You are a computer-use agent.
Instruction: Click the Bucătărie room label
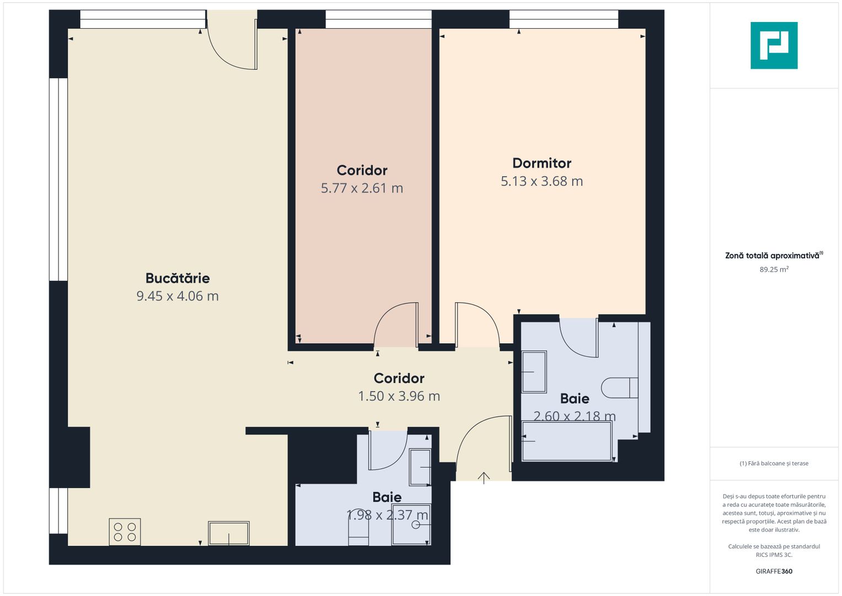[x=178, y=279]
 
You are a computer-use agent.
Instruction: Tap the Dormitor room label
[x=541, y=163]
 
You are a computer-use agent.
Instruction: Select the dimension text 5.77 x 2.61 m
[x=362, y=188]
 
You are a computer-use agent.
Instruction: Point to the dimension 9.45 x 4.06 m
[x=178, y=296]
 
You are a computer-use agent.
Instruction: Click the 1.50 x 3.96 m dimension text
[x=399, y=396]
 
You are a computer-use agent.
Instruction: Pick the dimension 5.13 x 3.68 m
[x=541, y=182]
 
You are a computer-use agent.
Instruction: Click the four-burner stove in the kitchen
[x=125, y=531]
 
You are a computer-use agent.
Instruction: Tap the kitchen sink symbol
[x=228, y=533]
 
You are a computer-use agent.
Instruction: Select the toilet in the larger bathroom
[x=619, y=388]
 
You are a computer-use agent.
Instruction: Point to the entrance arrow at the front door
[x=484, y=478]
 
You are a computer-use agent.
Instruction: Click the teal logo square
[x=774, y=45]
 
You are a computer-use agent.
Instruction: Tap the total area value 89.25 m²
[x=774, y=269]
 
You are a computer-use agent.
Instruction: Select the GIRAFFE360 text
[x=774, y=571]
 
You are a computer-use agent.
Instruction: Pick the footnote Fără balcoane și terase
[x=774, y=464]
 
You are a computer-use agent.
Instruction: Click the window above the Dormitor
[x=564, y=19]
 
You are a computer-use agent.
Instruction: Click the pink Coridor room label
[x=362, y=171]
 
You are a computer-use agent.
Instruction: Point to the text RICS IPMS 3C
[x=774, y=555]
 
